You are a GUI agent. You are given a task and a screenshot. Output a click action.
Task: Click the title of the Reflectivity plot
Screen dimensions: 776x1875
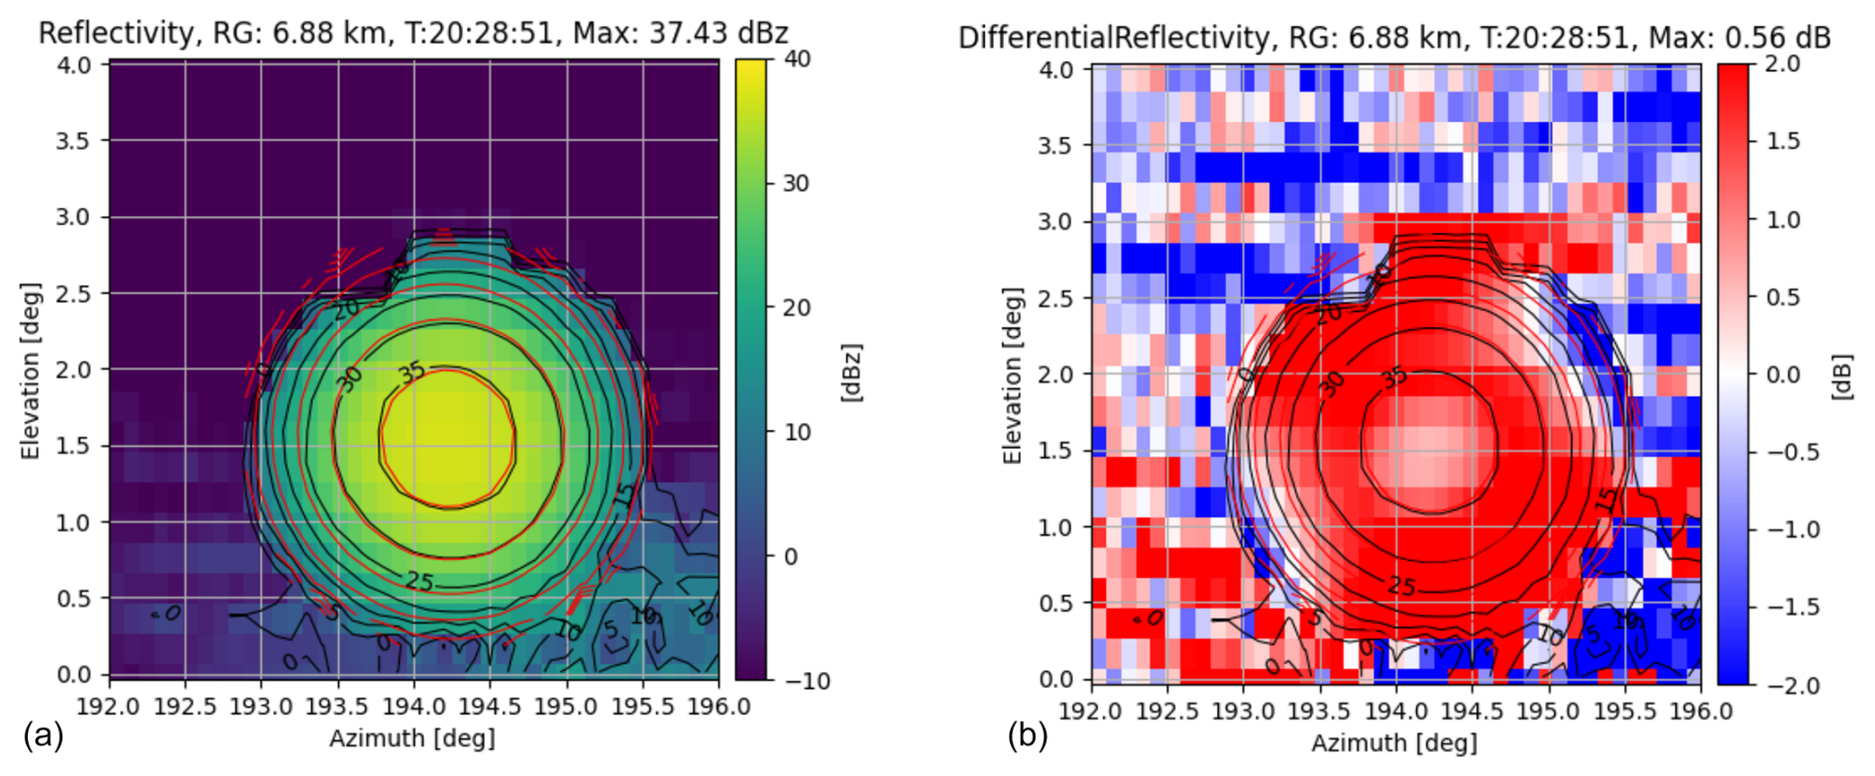[412, 33]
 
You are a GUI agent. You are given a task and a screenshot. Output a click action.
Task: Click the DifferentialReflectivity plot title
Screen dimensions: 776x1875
[1393, 38]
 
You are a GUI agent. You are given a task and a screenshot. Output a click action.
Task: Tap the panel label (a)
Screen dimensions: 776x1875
[43, 735]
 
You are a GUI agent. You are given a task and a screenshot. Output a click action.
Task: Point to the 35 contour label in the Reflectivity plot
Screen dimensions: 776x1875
[411, 373]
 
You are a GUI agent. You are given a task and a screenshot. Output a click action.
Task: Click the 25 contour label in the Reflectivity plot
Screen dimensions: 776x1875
[419, 581]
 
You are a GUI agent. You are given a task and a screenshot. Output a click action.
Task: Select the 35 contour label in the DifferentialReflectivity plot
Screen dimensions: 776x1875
[1393, 378]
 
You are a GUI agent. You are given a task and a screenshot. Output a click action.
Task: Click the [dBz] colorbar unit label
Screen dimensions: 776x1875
[851, 373]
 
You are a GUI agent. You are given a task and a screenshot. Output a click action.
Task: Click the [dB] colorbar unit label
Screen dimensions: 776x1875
[1841, 376]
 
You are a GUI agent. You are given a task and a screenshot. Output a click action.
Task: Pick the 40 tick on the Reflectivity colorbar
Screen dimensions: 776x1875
[797, 58]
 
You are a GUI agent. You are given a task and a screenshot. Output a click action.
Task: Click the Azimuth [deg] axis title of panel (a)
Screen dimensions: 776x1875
[412, 737]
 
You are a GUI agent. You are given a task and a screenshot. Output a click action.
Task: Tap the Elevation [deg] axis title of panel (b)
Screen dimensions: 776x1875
[1011, 376]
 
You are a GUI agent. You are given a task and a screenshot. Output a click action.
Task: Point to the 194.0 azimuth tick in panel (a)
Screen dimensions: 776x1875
[413, 707]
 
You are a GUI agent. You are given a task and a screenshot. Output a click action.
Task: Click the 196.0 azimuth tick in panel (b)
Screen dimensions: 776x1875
[1700, 712]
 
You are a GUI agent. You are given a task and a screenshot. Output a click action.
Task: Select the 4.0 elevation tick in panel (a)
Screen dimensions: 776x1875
[73, 64]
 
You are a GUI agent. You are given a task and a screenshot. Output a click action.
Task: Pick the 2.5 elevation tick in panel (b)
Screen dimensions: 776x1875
[1056, 297]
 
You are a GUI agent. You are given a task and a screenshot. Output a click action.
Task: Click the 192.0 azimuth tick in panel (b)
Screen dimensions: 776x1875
[1091, 712]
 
